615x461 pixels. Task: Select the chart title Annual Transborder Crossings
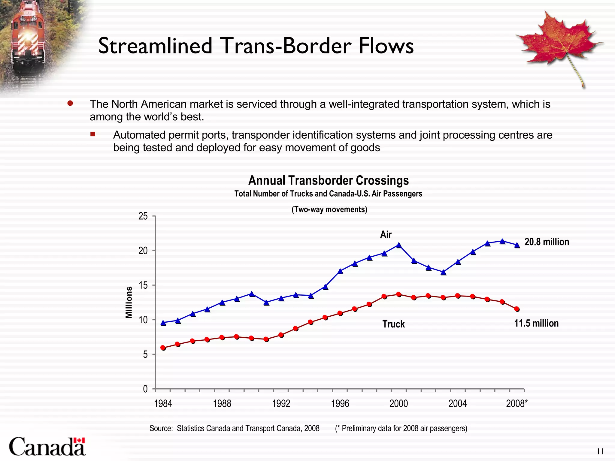[328, 181]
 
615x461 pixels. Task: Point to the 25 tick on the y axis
[143, 216]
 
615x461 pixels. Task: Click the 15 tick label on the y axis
[143, 285]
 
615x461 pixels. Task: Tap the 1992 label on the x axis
[281, 403]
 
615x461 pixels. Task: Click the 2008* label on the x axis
[517, 403]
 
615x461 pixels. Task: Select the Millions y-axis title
[129, 302]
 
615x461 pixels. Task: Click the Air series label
[386, 234]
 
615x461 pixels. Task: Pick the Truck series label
[393, 324]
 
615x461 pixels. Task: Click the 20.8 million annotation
[547, 242]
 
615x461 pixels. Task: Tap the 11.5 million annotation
[536, 323]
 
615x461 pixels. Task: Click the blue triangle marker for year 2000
[399, 245]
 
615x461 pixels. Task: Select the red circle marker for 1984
[163, 348]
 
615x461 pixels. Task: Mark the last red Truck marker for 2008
[517, 309]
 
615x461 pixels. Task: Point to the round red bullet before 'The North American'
[70, 104]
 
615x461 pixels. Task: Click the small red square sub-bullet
[93, 134]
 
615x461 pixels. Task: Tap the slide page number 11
[600, 451]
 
